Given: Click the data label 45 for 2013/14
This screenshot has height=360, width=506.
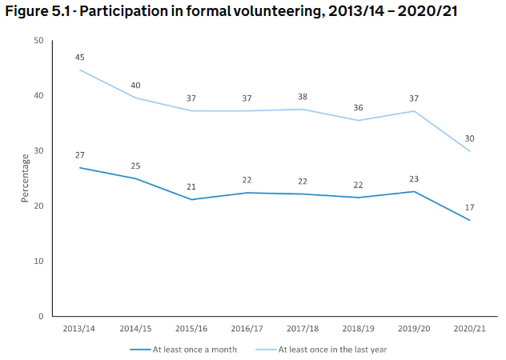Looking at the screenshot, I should click(81, 57).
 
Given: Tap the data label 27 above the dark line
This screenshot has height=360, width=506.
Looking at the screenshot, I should click(81, 154).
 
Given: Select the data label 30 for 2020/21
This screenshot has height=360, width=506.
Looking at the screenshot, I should click(470, 138).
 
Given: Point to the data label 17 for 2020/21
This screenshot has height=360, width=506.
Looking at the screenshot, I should click(470, 206).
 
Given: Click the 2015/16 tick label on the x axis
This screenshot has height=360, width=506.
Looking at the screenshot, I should click(191, 329).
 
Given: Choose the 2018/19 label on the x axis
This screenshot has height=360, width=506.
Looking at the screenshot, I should click(358, 329).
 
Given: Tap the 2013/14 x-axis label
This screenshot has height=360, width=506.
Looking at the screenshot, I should click(80, 329).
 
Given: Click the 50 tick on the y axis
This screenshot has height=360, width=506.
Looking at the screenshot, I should click(38, 41).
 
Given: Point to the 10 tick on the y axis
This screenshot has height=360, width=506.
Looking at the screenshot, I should click(38, 262).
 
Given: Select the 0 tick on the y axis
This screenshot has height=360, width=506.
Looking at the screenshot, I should click(40, 317).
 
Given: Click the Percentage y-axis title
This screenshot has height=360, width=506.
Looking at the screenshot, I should click(25, 178).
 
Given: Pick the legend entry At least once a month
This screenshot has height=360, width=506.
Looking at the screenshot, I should click(189, 349).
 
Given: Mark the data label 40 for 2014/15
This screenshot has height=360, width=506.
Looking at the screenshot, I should click(136, 84).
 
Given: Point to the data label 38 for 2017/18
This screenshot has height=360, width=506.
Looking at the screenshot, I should click(302, 95).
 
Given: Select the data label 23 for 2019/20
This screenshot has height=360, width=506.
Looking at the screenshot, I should click(414, 178).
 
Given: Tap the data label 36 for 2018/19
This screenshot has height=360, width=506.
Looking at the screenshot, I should click(358, 106).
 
